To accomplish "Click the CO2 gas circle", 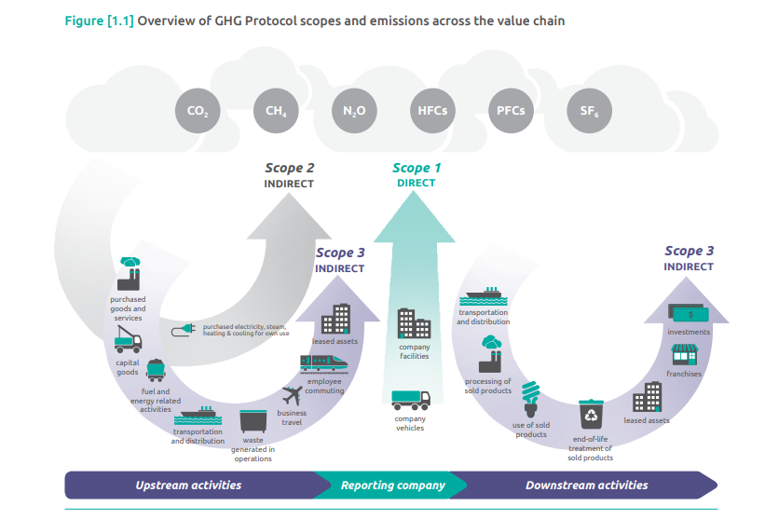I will (x=197, y=111).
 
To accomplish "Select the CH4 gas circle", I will (x=276, y=111).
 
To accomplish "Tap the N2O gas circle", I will (x=353, y=111).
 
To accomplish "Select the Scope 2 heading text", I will (x=290, y=169).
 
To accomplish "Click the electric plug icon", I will (x=184, y=331).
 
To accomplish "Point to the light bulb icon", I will (x=531, y=398).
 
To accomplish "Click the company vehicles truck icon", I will (x=411, y=400).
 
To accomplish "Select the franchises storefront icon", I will (x=685, y=354).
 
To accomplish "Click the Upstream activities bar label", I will (x=188, y=486).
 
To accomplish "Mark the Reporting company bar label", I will (x=392, y=486).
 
